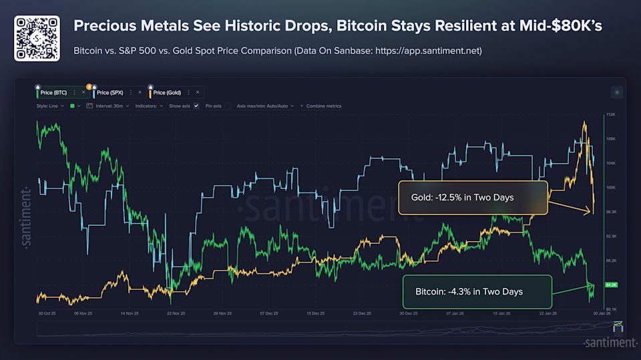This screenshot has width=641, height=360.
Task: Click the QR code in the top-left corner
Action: click(x=37, y=38)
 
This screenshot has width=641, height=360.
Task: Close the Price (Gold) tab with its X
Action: click(x=198, y=93)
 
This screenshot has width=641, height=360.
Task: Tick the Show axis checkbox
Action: click(x=196, y=106)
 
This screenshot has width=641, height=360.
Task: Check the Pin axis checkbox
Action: click(x=227, y=106)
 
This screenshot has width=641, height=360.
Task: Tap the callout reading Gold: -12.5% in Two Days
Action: click(x=473, y=198)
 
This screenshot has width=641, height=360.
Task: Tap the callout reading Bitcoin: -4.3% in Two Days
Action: click(x=477, y=292)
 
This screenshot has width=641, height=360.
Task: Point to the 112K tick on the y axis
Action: click(x=610, y=115)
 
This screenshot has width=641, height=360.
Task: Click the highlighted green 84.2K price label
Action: click(x=610, y=285)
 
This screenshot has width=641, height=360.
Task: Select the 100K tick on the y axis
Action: click(x=610, y=188)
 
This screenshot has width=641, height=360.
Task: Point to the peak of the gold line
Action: click(x=585, y=122)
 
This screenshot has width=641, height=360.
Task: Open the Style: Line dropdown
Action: click(x=51, y=106)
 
